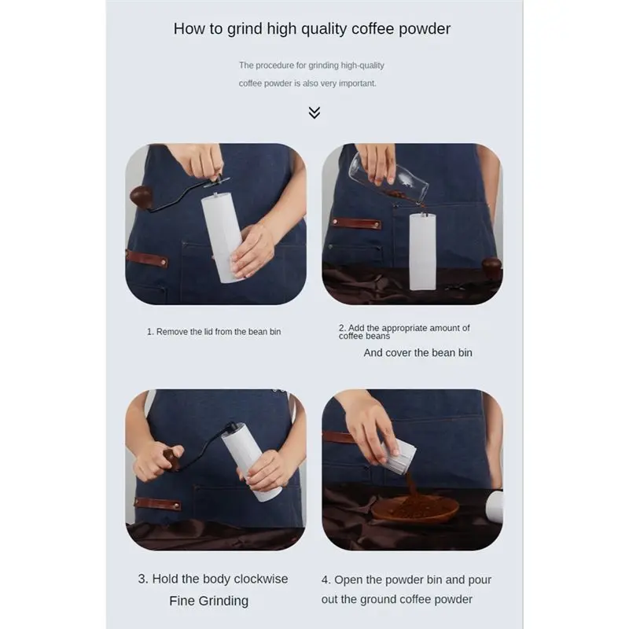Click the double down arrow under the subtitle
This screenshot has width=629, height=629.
[x=314, y=112]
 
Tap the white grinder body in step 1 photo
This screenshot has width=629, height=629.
[x=222, y=238]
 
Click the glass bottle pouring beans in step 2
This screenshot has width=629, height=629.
[x=388, y=176]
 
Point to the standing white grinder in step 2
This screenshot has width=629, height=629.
[x=422, y=251]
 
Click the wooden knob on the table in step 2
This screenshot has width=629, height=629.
[x=492, y=267]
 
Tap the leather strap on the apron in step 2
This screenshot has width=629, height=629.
[x=356, y=223]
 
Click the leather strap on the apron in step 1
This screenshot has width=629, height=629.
[x=147, y=259]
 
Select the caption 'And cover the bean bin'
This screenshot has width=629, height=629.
[x=417, y=352]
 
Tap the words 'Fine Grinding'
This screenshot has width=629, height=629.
[x=209, y=601]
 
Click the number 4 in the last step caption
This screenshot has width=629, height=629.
[x=325, y=580]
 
